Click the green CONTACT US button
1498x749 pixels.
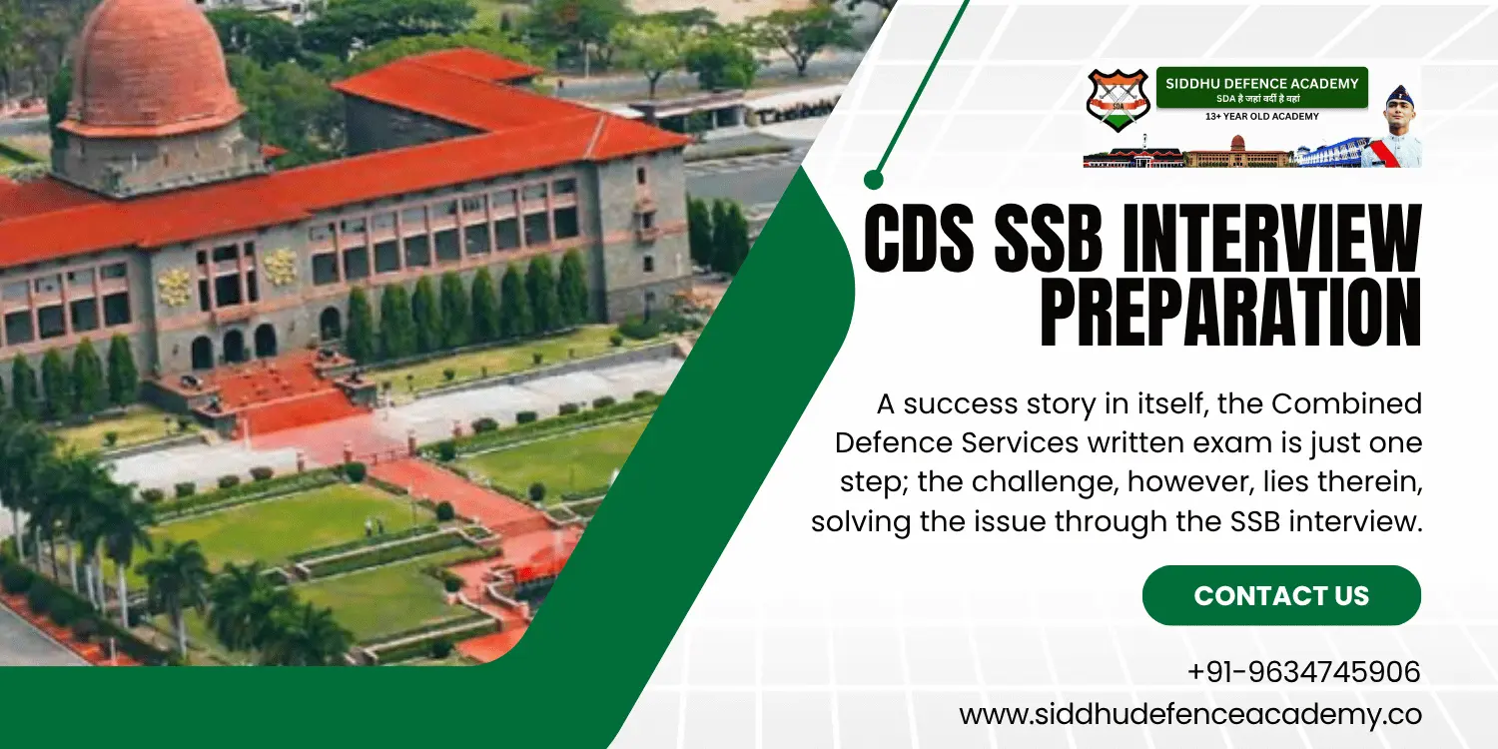1281,595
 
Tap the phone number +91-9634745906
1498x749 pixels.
1303,672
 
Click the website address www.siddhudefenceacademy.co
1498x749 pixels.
1189,714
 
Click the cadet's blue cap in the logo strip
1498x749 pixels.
1399,94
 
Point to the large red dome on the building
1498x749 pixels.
151,66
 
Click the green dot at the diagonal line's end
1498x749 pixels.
874,180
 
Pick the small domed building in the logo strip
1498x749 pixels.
1238,155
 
